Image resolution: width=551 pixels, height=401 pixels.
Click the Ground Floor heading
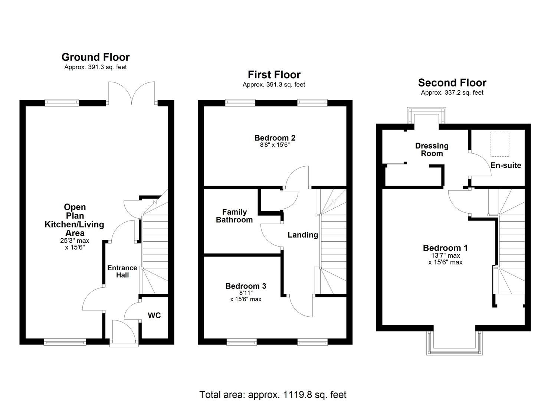pyautogui.click(x=95, y=57)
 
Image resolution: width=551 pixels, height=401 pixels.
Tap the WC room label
pyautogui.click(x=154, y=316)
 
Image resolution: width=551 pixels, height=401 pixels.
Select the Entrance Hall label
pyautogui.click(x=122, y=271)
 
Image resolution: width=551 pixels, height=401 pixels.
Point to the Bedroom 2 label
pyautogui.click(x=275, y=138)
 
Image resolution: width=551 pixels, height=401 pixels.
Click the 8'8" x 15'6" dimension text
pyautogui.click(x=275, y=145)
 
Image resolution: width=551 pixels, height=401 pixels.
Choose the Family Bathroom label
pyautogui.click(x=234, y=216)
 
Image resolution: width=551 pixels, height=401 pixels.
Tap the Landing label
pyautogui.click(x=303, y=235)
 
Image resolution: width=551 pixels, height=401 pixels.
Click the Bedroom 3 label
pyautogui.click(x=246, y=286)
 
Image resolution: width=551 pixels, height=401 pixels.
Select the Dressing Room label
pyautogui.click(x=432, y=150)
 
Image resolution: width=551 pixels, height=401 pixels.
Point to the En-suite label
pyautogui.click(x=506, y=166)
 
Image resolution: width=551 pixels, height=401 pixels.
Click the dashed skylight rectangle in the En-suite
pyautogui.click(x=500, y=144)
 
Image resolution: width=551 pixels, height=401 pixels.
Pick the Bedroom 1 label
pyautogui.click(x=445, y=248)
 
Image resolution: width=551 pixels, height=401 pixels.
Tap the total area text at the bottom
pyautogui.click(x=273, y=394)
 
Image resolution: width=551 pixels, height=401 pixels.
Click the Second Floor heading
pyautogui.click(x=452, y=82)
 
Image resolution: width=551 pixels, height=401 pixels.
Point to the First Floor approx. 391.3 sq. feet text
pyautogui.click(x=274, y=85)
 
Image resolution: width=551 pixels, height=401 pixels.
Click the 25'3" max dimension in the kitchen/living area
pyautogui.click(x=75, y=241)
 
